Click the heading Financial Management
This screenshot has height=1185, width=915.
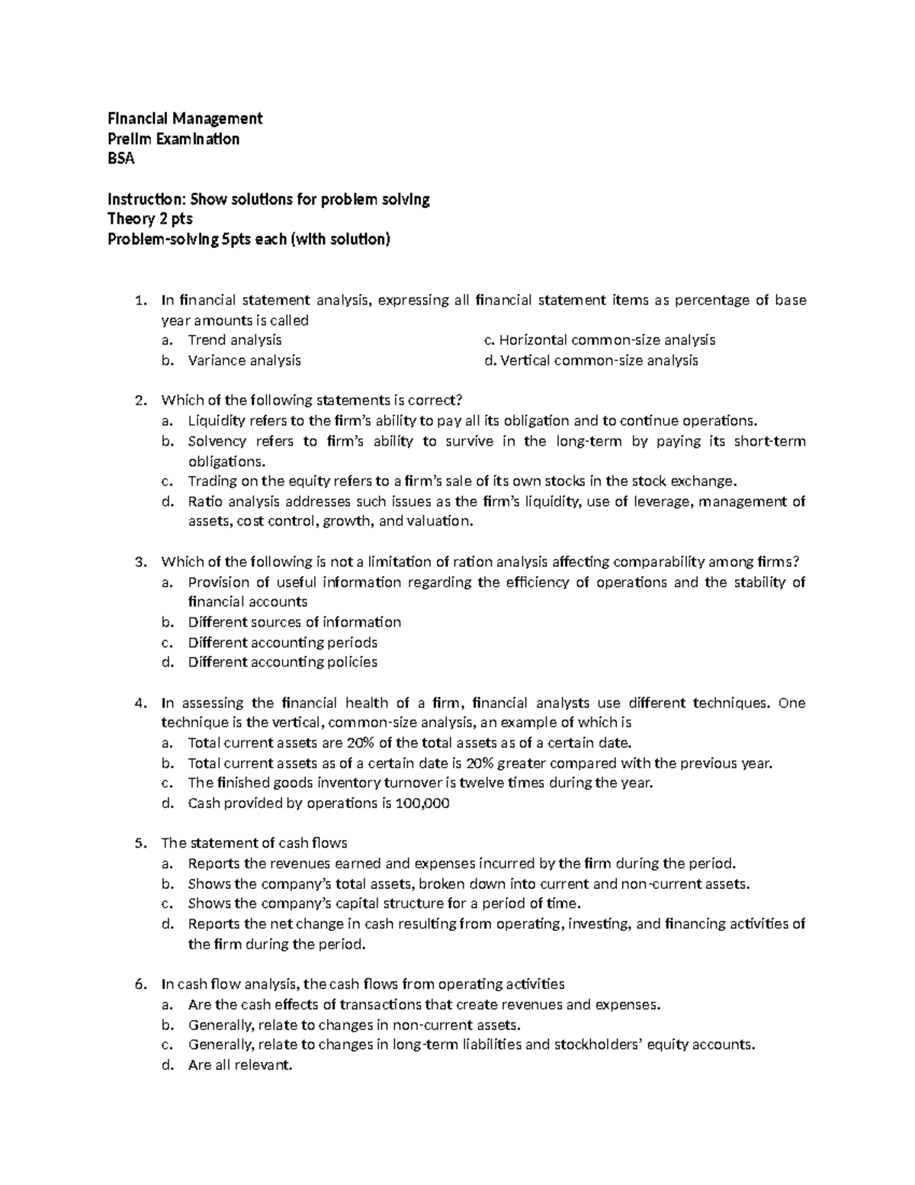(185, 118)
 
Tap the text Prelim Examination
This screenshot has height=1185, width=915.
(173, 139)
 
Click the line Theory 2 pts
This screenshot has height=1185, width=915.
(149, 220)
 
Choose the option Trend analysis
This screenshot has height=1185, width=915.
(235, 340)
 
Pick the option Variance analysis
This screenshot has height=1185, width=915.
(244, 360)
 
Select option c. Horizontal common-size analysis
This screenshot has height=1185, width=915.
(599, 340)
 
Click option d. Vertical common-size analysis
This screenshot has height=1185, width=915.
(591, 360)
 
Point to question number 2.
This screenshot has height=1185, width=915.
(139, 401)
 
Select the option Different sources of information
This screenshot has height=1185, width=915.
(294, 622)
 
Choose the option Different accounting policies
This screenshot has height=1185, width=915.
(283, 662)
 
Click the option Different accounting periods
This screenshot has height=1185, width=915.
(283, 642)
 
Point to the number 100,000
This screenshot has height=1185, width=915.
(422, 803)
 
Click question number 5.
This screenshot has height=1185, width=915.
(139, 843)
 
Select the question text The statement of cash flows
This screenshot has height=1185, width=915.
(254, 843)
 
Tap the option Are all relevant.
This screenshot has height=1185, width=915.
(240, 1065)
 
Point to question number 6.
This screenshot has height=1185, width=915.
(139, 984)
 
